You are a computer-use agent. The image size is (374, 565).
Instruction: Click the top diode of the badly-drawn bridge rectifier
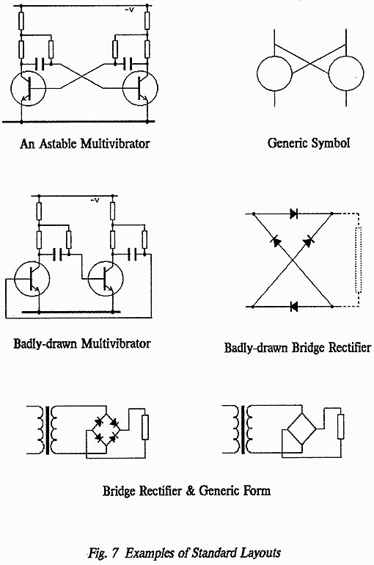294,214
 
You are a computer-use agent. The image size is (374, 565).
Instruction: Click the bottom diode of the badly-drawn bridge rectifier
294,307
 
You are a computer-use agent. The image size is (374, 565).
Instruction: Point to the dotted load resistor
358,260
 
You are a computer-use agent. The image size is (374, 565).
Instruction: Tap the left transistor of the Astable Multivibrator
28,87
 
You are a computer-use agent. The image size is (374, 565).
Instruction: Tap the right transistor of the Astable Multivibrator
140,87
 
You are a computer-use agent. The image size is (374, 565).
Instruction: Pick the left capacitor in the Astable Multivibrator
40,64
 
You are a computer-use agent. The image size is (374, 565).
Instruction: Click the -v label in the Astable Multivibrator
129,10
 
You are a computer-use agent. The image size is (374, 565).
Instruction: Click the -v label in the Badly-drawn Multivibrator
95,200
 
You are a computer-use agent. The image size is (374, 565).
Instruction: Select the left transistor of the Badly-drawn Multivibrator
32,279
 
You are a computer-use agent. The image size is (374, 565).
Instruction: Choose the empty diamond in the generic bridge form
301,429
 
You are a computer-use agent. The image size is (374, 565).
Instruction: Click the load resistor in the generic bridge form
340,426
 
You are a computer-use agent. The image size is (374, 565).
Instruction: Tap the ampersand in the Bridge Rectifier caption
191,491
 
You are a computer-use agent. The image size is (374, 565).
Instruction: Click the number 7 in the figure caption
114,553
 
